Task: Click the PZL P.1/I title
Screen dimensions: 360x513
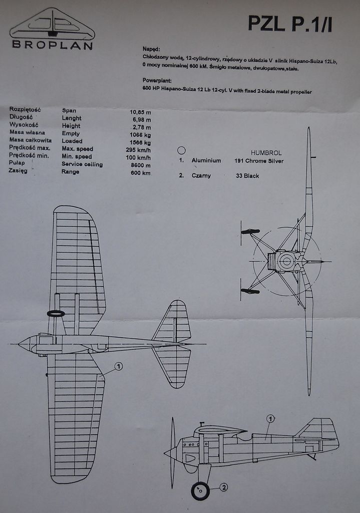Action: [290, 24]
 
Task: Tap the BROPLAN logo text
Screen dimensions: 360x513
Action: [52, 45]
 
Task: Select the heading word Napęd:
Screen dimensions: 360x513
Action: [151, 49]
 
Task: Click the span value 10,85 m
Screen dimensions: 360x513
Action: [140, 112]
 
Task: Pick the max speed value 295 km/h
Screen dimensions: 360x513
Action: [138, 149]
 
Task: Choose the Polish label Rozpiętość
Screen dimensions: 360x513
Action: [25, 110]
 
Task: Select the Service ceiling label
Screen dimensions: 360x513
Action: [82, 164]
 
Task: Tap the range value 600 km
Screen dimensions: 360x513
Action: [140, 173]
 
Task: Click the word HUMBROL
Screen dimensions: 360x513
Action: [265, 152]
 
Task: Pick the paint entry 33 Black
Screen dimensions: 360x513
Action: [247, 176]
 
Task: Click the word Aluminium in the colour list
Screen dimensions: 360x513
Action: [206, 161]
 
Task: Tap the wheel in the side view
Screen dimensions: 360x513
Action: [200, 491]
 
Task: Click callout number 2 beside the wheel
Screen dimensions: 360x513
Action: [224, 486]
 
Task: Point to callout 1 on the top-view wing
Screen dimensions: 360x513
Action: [118, 366]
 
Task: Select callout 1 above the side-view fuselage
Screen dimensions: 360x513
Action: [270, 418]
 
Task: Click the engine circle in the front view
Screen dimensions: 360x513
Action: [287, 261]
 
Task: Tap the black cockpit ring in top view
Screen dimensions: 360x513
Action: [56, 314]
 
